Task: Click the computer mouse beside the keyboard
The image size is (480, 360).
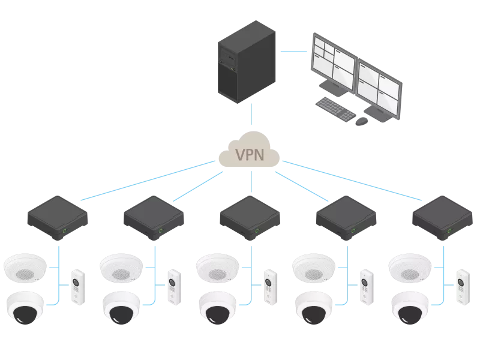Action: tap(361, 121)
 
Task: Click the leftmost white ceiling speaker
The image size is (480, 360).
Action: tap(25, 267)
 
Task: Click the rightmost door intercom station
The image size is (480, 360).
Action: tap(462, 287)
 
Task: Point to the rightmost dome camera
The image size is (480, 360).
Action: tap(410, 307)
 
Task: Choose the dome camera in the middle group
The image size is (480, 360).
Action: tap(217, 307)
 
